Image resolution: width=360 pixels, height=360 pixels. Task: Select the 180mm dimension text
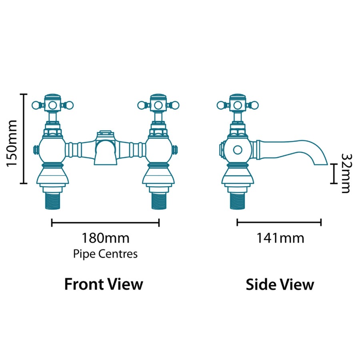(x=106, y=238)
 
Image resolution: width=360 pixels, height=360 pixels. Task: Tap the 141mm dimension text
(x=280, y=238)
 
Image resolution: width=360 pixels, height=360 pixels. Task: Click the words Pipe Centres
(x=105, y=254)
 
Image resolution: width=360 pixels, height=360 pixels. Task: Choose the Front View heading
(x=104, y=284)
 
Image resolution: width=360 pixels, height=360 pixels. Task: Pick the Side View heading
(x=280, y=284)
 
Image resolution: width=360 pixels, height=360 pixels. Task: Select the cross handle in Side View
(x=238, y=105)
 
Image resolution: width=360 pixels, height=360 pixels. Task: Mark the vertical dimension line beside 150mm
(x=24, y=138)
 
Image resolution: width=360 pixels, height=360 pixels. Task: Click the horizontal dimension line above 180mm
(x=106, y=222)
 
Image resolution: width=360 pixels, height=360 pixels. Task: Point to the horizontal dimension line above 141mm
(x=279, y=222)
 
